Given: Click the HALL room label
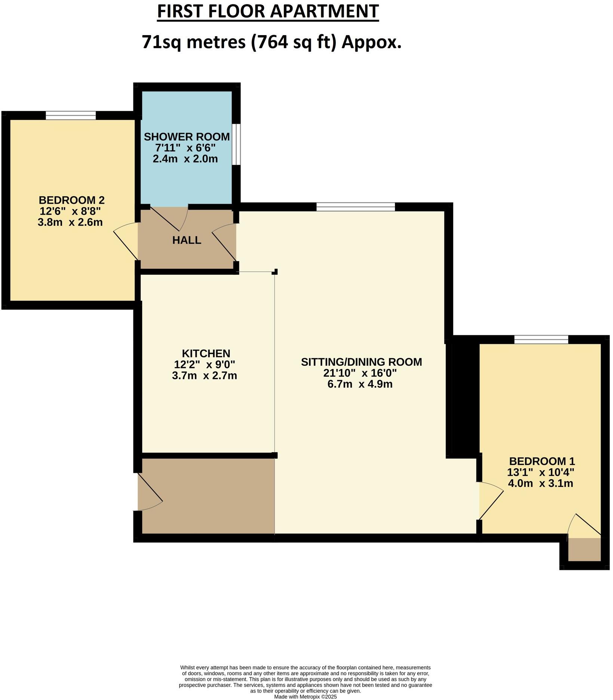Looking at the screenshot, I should tap(187, 240).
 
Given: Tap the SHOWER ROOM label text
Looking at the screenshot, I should tap(186, 136).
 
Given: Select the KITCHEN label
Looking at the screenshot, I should tap(206, 353).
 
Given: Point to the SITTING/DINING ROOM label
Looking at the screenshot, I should tap(361, 362).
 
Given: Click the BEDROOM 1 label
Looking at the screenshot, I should tap(542, 461).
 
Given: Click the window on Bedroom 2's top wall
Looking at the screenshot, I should tap(71, 115).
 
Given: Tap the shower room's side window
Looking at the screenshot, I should tap(236, 144).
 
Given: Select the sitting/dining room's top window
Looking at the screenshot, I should tap(355, 207).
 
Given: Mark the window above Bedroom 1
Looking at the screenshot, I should tap(541, 339).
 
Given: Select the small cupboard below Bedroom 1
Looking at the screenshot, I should tap(584, 549).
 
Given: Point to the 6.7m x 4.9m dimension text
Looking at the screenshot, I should tap(360, 384).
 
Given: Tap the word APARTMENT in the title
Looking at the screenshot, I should tap(325, 11).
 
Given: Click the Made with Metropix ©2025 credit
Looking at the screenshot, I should tap(305, 697).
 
